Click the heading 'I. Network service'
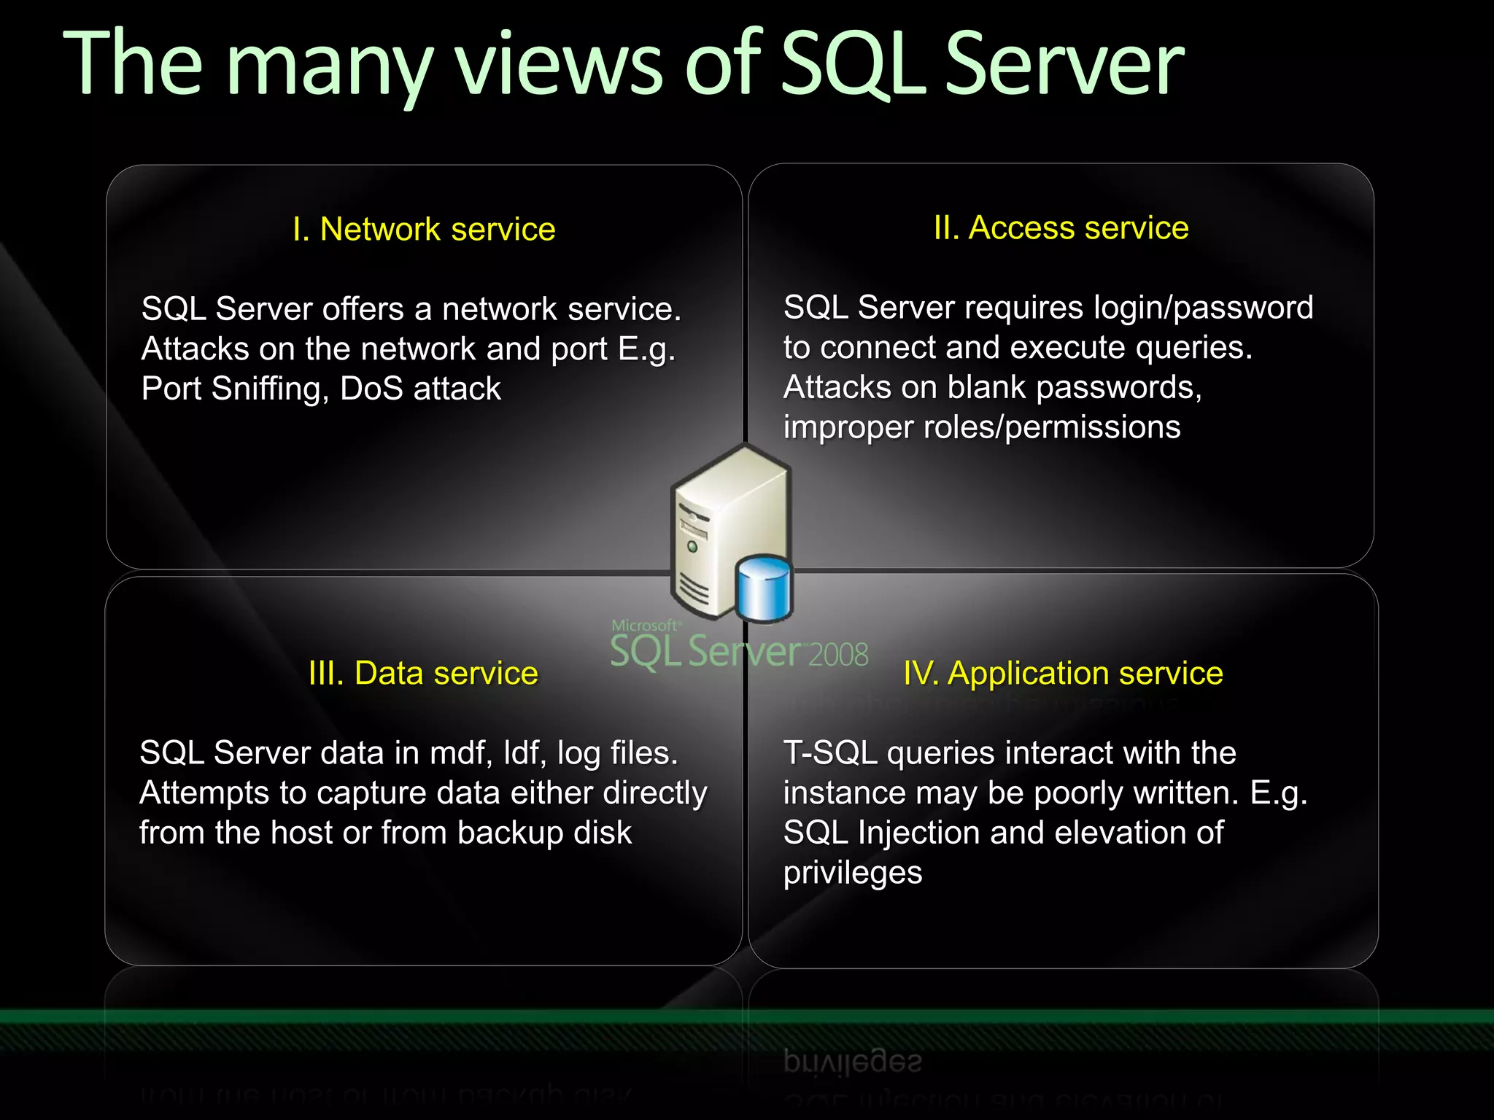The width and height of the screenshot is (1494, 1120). pyautogui.click(x=424, y=230)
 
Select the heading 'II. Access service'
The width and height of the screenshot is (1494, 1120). pyautogui.click(x=1061, y=228)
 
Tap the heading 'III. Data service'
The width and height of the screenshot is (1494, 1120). pyautogui.click(x=423, y=673)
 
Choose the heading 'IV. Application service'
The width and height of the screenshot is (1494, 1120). pyautogui.click(x=1063, y=673)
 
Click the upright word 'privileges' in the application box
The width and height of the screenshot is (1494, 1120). pyautogui.click(x=853, y=874)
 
